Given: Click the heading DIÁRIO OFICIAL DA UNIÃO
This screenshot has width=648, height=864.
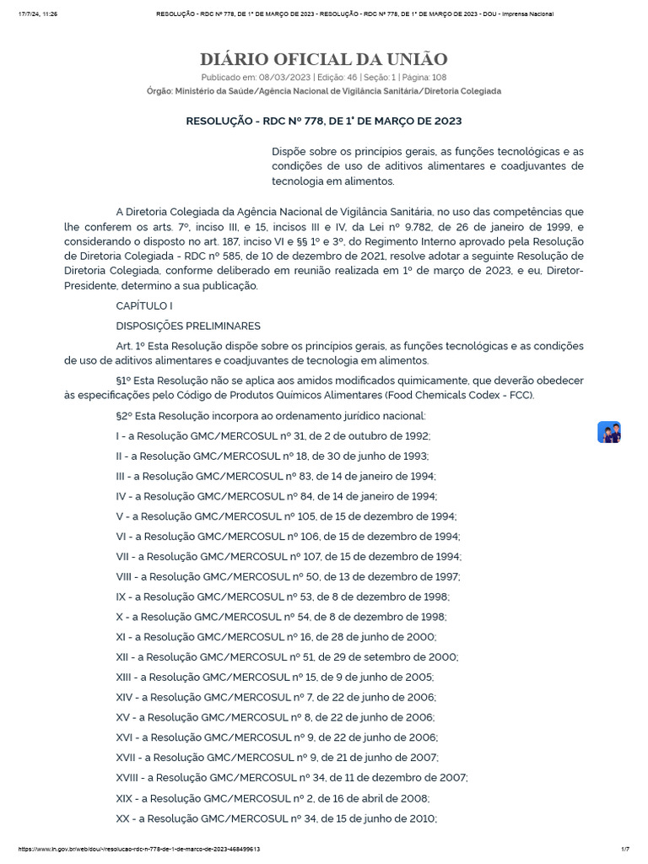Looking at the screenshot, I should click(324, 59).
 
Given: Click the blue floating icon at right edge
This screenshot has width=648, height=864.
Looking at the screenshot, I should click(609, 432).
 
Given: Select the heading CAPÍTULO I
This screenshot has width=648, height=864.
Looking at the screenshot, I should click(144, 305).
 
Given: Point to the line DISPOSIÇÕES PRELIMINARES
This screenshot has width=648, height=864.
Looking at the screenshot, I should click(188, 326).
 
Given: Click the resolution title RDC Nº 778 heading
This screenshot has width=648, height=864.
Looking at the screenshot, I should click(324, 121).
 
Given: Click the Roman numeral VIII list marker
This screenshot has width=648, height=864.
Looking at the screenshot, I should click(125, 577).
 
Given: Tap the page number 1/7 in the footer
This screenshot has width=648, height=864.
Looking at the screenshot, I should click(627, 850).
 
